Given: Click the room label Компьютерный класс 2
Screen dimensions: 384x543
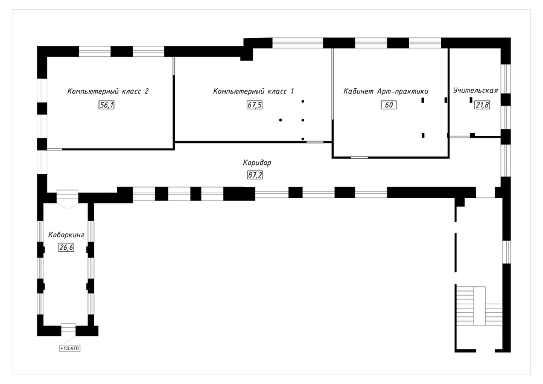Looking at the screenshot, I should click(108, 91).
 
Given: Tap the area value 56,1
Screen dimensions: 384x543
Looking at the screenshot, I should click(107, 105).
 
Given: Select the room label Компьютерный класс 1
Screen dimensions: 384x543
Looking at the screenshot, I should click(253, 91).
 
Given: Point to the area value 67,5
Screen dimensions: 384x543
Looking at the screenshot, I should click(255, 105).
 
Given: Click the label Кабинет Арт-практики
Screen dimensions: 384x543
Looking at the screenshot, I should click(386, 91).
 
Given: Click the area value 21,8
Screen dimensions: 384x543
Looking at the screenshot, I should click(482, 105).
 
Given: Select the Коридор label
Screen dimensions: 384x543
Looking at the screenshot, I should click(257, 163).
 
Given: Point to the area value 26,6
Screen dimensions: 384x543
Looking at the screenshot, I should click(66, 247).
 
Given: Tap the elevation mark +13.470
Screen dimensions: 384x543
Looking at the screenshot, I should click(70, 348).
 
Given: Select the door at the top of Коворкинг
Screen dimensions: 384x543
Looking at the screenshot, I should click(66, 197).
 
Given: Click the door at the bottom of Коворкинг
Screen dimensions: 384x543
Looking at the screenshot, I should click(68, 330).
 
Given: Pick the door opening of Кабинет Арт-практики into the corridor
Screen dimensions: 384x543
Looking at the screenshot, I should click(360, 158).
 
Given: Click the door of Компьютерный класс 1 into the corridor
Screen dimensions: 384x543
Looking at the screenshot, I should click(314, 142).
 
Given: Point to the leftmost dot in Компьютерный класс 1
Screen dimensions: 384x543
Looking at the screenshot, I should click(281, 120).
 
